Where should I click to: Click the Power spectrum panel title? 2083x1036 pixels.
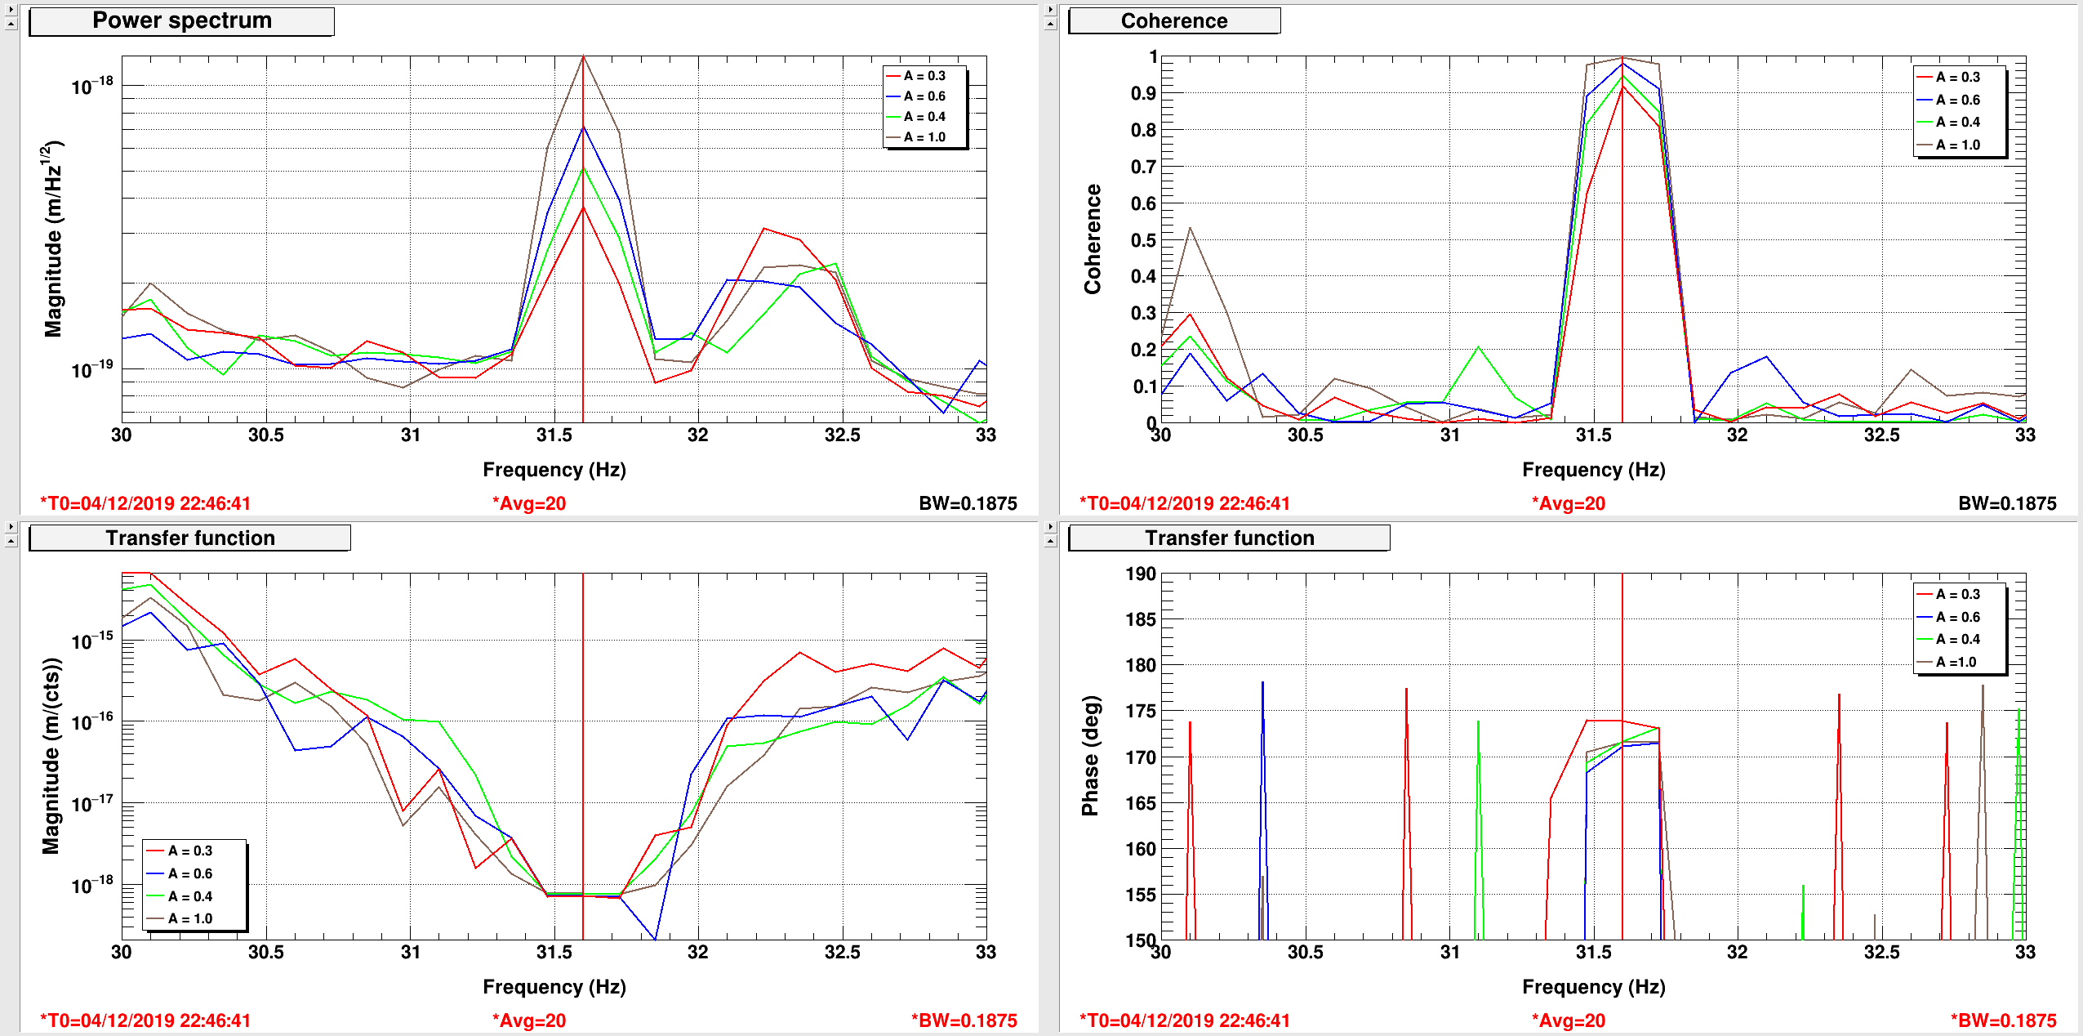point(181,20)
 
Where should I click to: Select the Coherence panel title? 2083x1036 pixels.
point(1174,21)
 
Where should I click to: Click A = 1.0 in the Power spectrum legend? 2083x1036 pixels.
point(924,137)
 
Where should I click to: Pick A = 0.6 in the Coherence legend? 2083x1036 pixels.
point(1958,100)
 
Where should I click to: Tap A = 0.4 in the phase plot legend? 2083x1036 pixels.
point(1958,639)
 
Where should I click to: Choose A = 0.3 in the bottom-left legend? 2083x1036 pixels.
point(190,851)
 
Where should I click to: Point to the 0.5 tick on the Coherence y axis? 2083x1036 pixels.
point(1143,240)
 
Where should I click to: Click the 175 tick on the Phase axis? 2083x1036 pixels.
point(1140,711)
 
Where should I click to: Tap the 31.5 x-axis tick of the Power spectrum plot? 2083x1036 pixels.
point(554,435)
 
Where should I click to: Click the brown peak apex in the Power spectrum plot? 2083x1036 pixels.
point(583,56)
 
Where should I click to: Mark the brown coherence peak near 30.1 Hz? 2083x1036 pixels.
point(1190,228)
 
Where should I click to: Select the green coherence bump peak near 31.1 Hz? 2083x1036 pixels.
point(1478,347)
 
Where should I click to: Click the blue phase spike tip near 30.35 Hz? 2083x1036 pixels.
point(1262,682)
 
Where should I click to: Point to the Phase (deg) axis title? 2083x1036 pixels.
point(1091,756)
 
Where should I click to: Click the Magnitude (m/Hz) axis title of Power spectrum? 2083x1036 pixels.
point(52,239)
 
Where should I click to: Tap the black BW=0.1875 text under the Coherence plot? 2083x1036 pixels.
point(2007,503)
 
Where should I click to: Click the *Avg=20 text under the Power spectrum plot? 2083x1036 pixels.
point(529,503)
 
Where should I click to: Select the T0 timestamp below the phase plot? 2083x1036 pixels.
point(1185,1020)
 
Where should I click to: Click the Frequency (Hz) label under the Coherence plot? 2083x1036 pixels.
point(1593,470)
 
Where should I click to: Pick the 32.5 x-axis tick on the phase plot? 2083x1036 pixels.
point(1881,952)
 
